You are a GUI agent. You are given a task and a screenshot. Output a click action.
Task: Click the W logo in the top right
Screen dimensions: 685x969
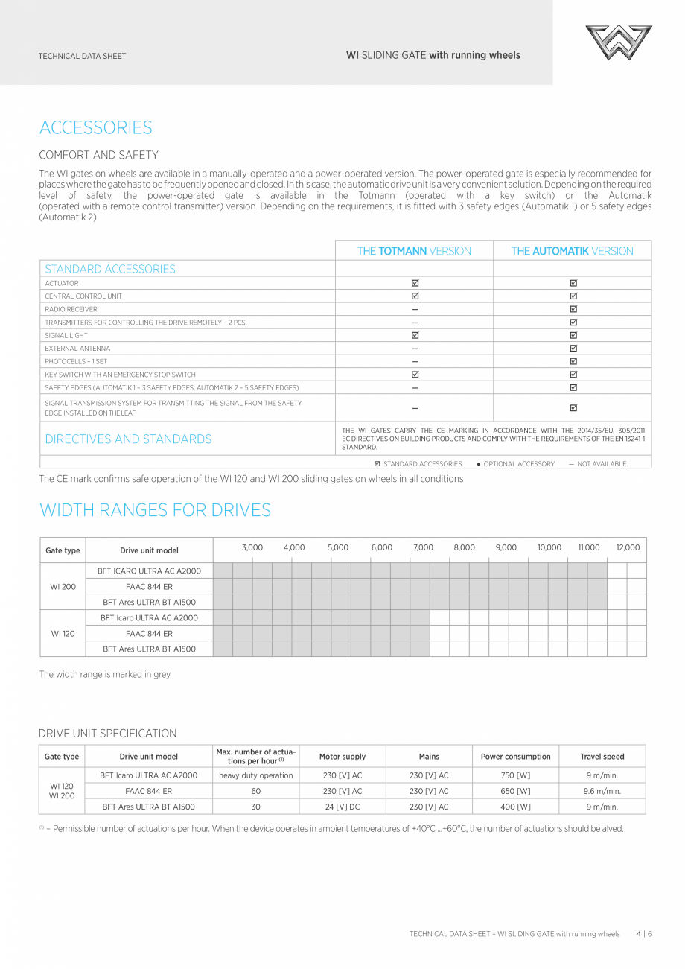(618, 42)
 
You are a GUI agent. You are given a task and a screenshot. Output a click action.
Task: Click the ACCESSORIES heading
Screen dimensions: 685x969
(95, 127)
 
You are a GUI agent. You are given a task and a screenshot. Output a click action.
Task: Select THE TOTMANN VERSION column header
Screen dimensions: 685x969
(414, 251)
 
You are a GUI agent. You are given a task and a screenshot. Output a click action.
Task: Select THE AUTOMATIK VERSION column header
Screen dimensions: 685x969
(572, 251)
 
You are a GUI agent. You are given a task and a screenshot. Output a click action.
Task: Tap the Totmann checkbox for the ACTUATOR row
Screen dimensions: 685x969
(415, 283)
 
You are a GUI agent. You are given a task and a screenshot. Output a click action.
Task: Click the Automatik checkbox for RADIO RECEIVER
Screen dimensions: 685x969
(573, 309)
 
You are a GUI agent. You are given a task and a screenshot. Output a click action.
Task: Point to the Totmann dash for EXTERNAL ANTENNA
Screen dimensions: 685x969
(415, 349)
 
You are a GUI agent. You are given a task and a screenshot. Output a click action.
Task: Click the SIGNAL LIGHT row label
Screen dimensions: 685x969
(66, 336)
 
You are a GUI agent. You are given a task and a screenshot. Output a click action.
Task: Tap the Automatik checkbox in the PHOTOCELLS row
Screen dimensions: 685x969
(573, 361)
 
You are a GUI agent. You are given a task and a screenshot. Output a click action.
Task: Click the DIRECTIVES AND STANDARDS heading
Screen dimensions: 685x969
(128, 439)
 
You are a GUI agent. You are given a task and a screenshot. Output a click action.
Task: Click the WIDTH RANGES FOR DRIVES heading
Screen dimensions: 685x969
(155, 510)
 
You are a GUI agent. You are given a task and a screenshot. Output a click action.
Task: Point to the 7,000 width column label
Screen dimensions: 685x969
(423, 547)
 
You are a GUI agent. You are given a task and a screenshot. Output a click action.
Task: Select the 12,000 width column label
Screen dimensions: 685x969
(628, 547)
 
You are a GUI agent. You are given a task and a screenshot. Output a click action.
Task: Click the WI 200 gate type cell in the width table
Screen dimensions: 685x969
(63, 587)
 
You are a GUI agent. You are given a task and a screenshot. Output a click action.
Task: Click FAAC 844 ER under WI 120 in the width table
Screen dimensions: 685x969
(149, 634)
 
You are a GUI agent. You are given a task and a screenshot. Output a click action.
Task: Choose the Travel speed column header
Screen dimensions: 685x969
(602, 757)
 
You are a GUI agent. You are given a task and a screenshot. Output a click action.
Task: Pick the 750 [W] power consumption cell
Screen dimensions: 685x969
(515, 775)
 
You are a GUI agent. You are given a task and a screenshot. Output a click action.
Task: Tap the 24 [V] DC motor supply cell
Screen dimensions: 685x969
(342, 807)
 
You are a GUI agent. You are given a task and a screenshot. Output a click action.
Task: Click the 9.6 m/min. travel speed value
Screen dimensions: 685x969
(602, 791)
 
